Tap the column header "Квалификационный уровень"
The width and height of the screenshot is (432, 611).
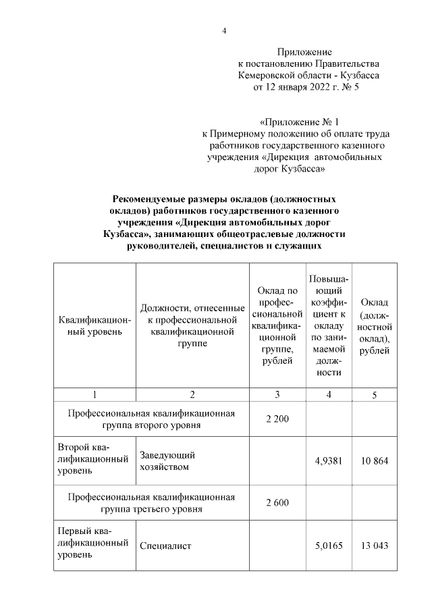click(90, 325)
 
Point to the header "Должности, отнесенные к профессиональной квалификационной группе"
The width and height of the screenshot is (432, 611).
click(192, 325)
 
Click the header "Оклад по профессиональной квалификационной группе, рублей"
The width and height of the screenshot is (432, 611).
click(277, 325)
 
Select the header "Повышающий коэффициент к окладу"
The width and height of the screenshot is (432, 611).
click(329, 325)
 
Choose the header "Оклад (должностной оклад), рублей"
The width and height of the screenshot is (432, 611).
click(375, 325)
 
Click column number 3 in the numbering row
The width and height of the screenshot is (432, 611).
click(277, 395)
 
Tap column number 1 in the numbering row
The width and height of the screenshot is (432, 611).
click(94, 395)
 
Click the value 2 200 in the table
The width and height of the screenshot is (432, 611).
click(277, 420)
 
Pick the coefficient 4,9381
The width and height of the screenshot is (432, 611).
click(329, 462)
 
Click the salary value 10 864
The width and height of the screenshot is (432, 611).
click(375, 462)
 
